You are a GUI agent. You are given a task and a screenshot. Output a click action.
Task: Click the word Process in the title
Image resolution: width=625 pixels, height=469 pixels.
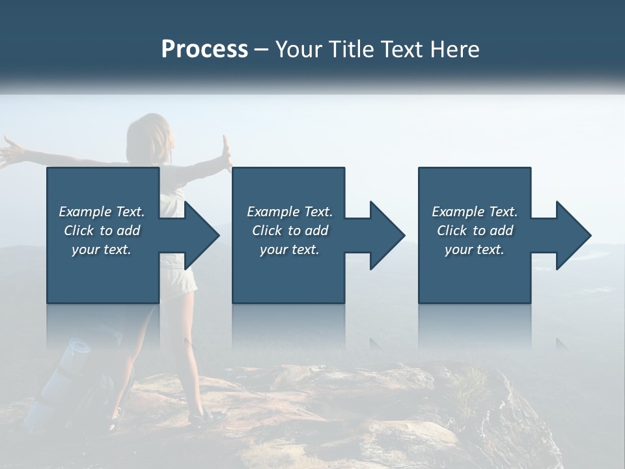coord(204,50)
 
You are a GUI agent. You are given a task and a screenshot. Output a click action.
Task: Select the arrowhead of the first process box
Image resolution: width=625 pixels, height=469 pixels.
coord(199,235)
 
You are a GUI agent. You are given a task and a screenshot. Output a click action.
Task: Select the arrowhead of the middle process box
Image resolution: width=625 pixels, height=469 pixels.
coord(385,235)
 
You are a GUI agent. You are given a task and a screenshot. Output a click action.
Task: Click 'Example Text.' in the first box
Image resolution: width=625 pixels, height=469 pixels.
coord(102,212)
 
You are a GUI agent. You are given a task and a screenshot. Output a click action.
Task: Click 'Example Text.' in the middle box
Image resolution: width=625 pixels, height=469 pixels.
coord(289,212)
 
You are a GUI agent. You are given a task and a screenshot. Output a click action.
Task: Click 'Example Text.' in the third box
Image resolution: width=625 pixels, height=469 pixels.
coord(475,212)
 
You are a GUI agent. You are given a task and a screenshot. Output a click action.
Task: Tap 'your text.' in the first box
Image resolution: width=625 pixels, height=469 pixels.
coord(102,249)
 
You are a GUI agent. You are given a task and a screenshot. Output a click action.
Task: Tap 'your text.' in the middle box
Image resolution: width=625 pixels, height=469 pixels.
coord(289,249)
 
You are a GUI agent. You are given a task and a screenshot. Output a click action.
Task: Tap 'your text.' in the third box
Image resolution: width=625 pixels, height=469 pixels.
coord(475,249)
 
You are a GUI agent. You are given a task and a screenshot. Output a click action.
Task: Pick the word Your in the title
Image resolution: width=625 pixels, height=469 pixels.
coord(297,50)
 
